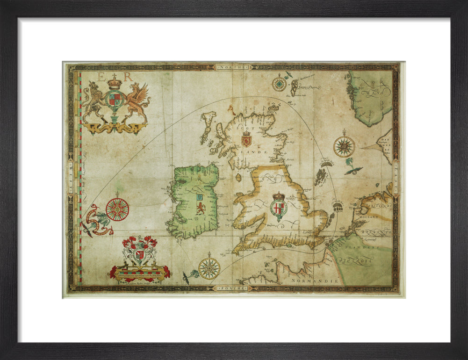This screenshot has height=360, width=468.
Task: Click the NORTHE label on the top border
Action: [x=232, y=67]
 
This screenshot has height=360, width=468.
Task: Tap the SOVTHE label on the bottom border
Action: [x=232, y=288]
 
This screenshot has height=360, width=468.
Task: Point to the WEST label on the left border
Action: [x=71, y=178]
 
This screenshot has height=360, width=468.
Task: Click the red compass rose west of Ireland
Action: [x=117, y=209]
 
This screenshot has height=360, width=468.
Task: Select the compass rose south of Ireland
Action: [x=209, y=268]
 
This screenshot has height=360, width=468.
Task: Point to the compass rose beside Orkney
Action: [x=279, y=84]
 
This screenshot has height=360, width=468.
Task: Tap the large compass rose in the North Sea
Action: [x=344, y=147]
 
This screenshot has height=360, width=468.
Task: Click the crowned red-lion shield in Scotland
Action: [x=246, y=139]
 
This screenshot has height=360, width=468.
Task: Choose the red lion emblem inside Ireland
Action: [x=200, y=208]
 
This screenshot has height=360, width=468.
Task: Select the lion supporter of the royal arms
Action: [x=92, y=101]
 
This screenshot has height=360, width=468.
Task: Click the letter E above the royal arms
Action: [x=101, y=77]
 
